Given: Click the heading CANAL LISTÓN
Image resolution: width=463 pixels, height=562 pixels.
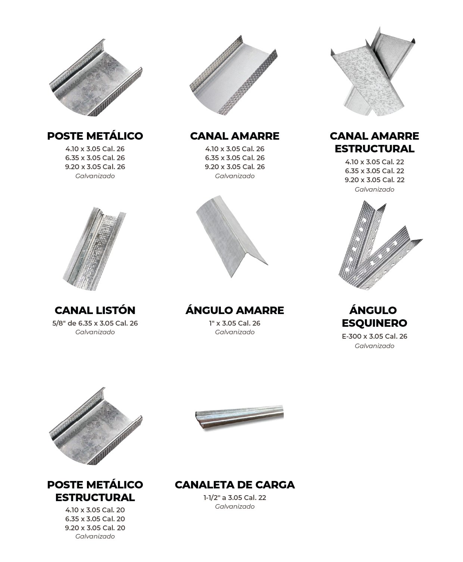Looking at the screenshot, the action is pos(95,310).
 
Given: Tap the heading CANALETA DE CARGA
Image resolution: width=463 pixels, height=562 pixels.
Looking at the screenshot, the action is pos(235,485).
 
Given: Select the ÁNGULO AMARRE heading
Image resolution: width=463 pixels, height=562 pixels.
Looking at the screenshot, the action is pos(235,310).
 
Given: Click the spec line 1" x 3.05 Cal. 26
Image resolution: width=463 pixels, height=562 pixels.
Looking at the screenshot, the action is pos(235,323).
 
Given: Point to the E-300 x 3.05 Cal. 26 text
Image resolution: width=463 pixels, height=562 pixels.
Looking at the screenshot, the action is pos(375,336).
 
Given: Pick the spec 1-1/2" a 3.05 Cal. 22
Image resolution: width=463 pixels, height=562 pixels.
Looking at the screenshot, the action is pos(235,498).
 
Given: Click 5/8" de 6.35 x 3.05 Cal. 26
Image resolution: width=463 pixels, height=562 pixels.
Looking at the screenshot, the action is pos(95,323).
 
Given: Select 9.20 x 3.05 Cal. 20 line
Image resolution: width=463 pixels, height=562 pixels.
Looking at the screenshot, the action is pos(95,528).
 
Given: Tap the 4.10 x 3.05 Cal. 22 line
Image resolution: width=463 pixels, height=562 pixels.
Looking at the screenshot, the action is pos(375,162).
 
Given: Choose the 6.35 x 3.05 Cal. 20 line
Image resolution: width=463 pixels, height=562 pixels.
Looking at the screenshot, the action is pos(95,519).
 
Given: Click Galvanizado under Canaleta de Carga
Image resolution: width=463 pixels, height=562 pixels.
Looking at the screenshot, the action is pos(235,507).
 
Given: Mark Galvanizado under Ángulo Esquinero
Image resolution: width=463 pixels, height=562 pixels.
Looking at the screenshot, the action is pos(375,346).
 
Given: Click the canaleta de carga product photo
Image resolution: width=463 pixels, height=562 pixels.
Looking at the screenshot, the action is pos(239,417).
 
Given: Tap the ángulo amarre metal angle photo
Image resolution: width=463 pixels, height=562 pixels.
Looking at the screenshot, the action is pos(231,237).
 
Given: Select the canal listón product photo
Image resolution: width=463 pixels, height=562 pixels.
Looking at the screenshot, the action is pos(94,249).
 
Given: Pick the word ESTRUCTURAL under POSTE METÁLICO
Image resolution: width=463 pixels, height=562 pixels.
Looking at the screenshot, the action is pos(95,497).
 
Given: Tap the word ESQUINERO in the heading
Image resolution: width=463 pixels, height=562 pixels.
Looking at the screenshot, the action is pos(375,323).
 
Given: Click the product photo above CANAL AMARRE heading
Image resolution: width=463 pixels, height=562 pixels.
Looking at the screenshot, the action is pos(234,75).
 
